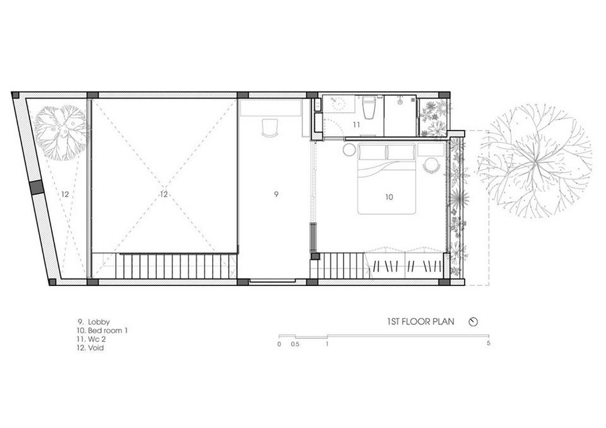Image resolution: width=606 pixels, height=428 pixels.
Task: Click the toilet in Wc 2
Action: (368, 108)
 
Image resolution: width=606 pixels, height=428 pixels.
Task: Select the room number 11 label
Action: (356, 124)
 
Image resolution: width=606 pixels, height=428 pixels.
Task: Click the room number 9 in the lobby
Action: (276, 194)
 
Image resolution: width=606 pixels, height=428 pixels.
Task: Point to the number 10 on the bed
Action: (389, 197)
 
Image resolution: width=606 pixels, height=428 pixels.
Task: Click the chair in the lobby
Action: (270, 128)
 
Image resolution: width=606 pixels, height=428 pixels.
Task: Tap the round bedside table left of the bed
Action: (350, 149)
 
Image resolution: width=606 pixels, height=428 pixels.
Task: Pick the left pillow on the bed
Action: (373, 151)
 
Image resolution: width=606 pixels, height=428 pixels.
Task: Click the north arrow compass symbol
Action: (473, 322)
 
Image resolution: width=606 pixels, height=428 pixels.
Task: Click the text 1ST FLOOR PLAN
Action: (420, 322)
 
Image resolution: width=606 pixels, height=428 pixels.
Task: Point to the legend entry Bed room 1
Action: (102, 330)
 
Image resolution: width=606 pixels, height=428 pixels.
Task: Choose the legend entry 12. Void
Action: (90, 348)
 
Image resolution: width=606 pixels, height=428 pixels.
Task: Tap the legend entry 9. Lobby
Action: (94, 322)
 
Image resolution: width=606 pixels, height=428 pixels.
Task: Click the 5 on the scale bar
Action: (489, 343)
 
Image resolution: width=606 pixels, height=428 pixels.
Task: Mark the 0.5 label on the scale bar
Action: (295, 344)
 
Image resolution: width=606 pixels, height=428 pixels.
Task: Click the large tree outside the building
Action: (535, 161)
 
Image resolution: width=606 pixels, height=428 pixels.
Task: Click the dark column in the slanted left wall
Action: (37, 187)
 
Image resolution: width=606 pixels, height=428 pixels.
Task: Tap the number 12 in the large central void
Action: (164, 194)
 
